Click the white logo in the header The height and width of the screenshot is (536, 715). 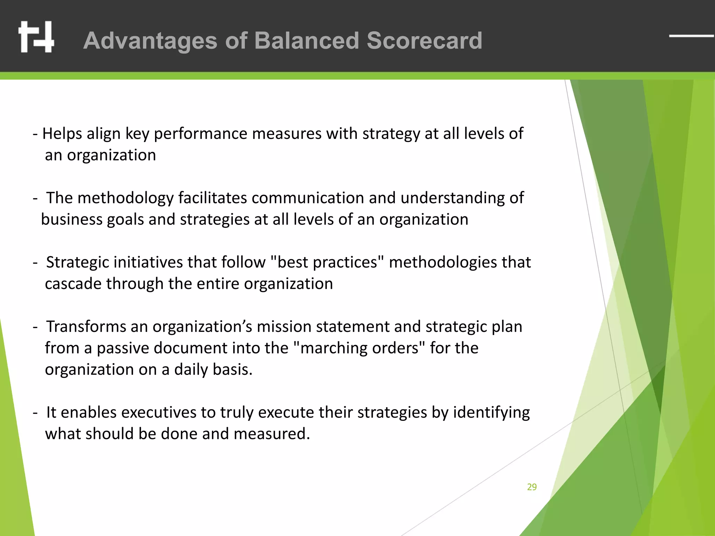(36, 37)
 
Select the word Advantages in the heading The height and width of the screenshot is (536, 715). (150, 41)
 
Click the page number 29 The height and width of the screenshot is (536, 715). (532, 487)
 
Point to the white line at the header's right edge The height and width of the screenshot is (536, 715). (691, 36)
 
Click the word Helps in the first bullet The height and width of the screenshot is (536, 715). (62, 134)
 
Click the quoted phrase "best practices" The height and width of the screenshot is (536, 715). (327, 262)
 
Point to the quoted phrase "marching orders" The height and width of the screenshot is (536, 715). (359, 348)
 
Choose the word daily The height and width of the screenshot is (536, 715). (191, 370)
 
